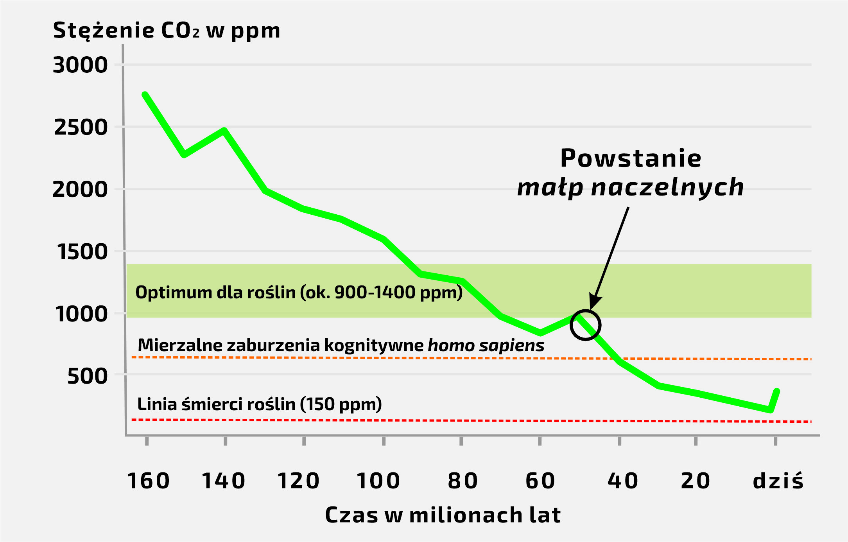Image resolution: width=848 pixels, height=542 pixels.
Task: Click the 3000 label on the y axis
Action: click(80, 65)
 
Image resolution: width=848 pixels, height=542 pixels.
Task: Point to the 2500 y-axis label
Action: click(81, 127)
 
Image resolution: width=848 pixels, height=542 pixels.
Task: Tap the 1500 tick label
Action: click(82, 251)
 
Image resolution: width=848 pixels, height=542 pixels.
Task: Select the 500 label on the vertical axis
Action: click(87, 376)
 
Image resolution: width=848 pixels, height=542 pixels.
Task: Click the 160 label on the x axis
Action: click(149, 481)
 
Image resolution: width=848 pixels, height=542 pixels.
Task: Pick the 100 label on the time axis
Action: click(378, 481)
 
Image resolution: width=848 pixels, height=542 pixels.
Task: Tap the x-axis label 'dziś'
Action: click(778, 481)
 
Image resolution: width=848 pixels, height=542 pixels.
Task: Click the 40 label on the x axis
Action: click(623, 481)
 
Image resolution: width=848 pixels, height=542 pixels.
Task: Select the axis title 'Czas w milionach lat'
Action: click(443, 515)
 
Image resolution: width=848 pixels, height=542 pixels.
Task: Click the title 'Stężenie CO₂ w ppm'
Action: click(167, 31)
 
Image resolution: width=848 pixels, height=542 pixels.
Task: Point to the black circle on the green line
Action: click(585, 325)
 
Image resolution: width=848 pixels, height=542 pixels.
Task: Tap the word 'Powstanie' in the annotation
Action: click(631, 158)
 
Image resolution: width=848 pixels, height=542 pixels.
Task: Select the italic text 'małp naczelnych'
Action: click(630, 187)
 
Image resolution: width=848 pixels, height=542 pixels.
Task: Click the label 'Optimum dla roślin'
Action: click(215, 293)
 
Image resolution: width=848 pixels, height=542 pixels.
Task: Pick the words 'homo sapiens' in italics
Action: click(486, 345)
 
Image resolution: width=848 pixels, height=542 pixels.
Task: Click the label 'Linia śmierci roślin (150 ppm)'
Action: click(259, 404)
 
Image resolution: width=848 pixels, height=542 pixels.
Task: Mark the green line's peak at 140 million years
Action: click(224, 130)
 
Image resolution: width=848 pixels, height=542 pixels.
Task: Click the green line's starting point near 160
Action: click(145, 95)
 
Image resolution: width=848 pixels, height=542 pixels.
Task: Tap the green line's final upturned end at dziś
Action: click(777, 391)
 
